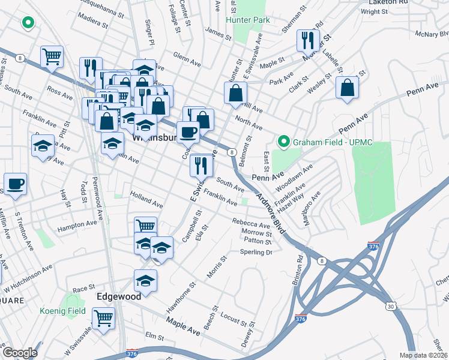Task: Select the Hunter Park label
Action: [x=247, y=20]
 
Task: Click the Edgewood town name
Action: [x=119, y=297]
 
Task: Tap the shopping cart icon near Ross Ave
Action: [x=52, y=57]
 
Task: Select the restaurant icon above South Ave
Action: [x=202, y=164]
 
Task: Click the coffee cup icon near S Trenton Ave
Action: [x=16, y=184]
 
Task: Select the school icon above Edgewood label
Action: [x=145, y=281]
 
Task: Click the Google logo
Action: [x=20, y=353]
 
